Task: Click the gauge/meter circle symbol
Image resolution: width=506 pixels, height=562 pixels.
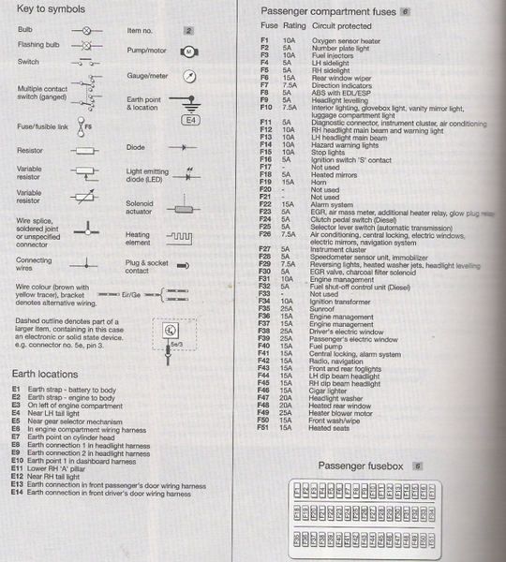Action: point(187,75)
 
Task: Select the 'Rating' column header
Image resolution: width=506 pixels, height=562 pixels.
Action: point(294,26)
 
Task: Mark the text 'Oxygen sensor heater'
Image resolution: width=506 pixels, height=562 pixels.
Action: point(345,41)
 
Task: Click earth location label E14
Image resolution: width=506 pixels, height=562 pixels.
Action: point(18,493)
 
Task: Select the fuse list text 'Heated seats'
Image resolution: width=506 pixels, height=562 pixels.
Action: point(331,428)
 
